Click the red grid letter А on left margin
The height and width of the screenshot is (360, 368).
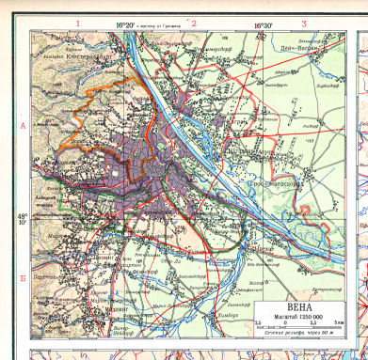[x=23, y=124]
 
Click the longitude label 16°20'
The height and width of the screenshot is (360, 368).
[x=126, y=26]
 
